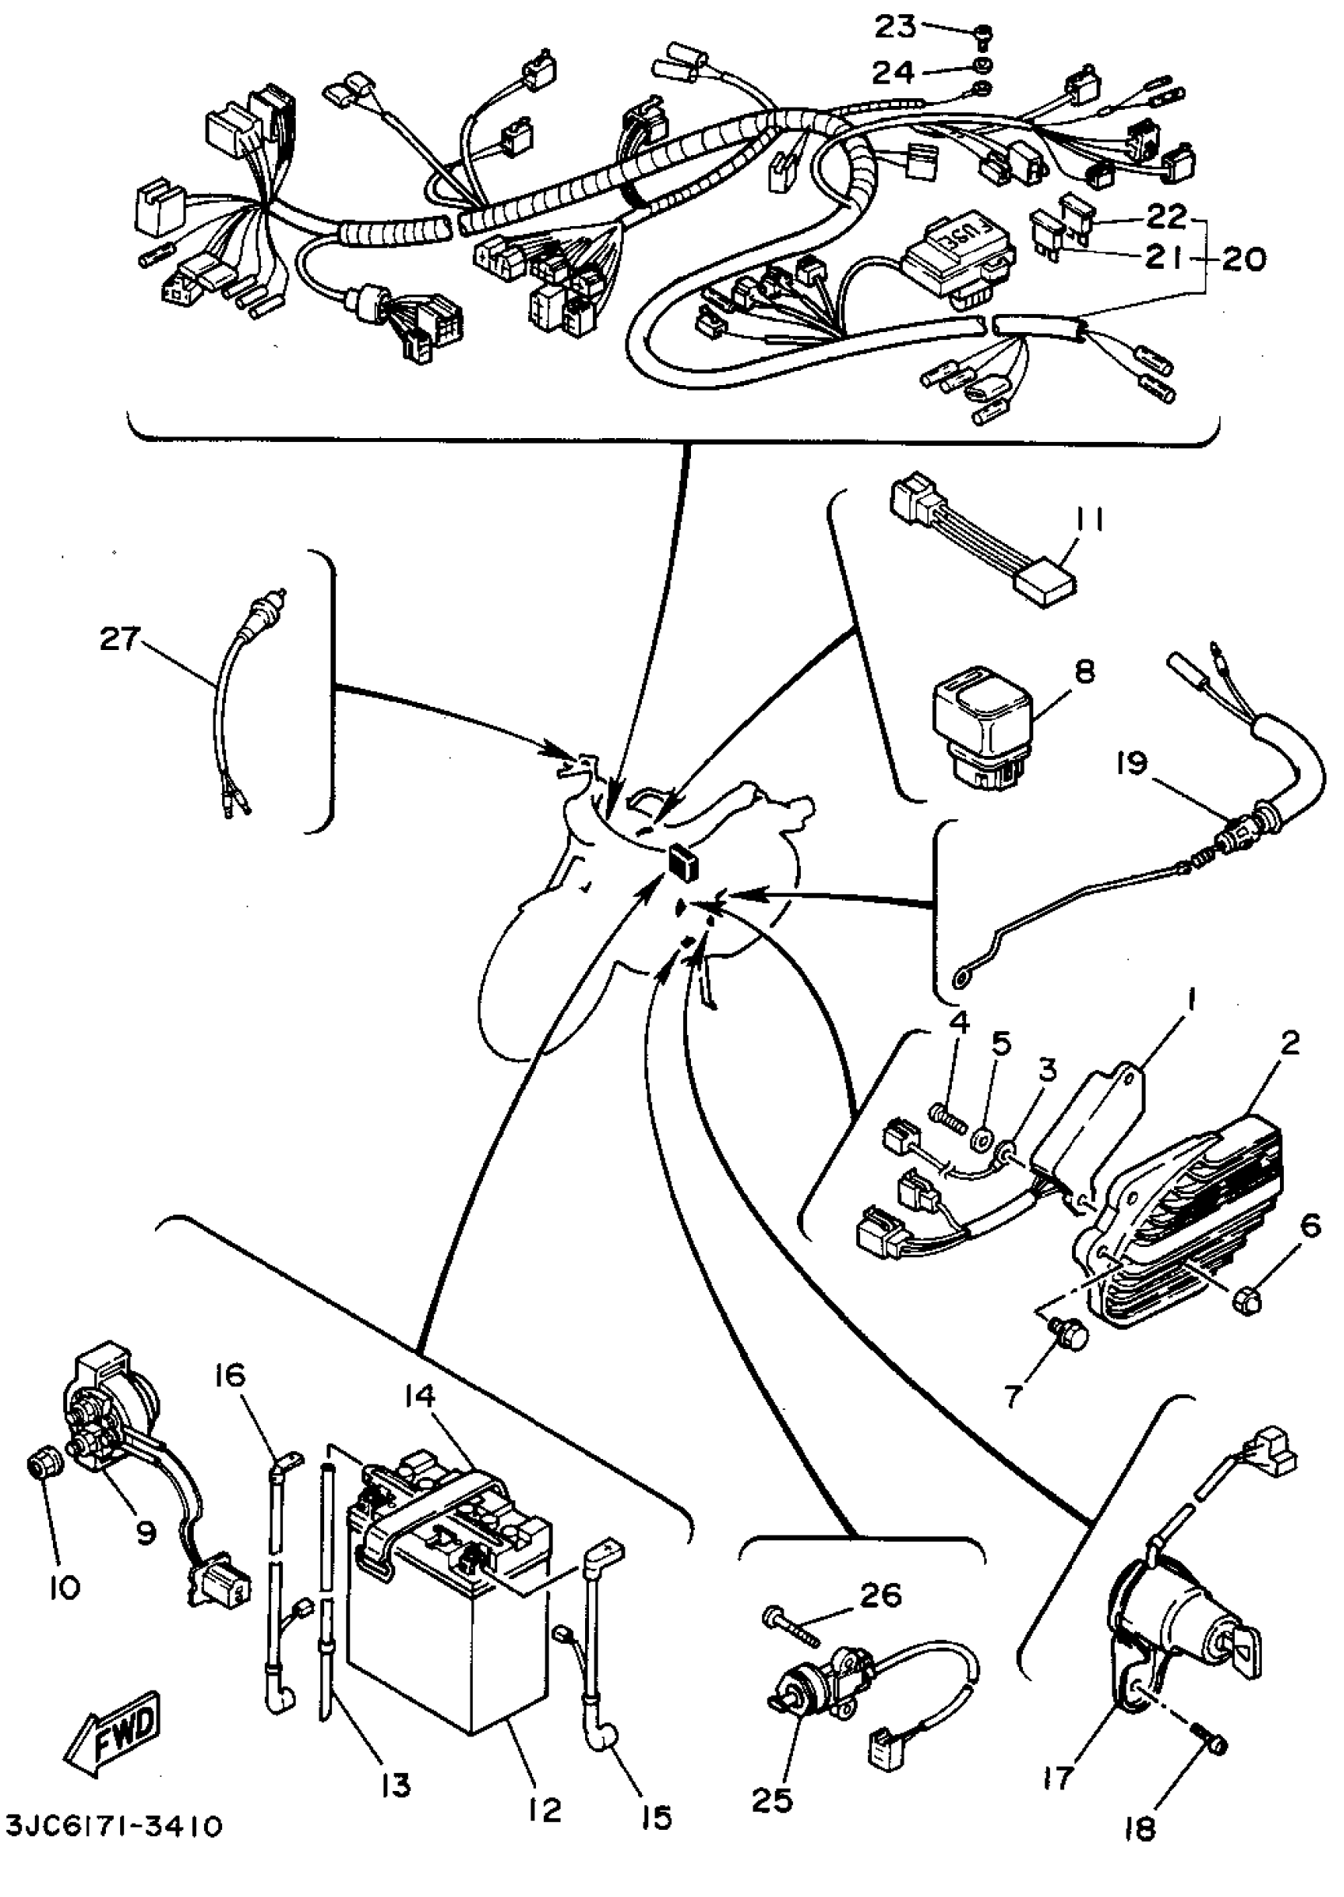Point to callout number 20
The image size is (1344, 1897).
click(x=1242, y=260)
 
